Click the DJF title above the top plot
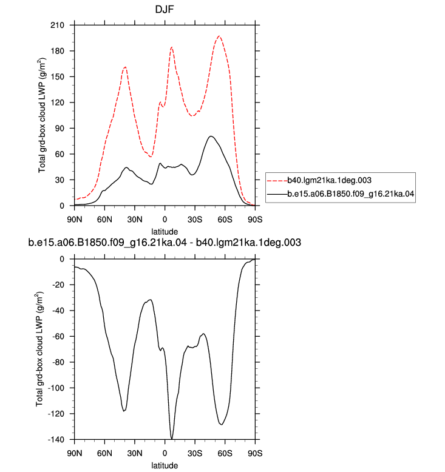tap(165, 9)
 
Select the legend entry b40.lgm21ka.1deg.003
tap(329, 180)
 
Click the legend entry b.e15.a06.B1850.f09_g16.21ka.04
tap(351, 194)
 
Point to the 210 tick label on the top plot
tap(57, 25)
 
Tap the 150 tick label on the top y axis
tap(57, 77)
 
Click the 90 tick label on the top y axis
tap(59, 128)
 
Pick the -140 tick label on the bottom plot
tap(56, 439)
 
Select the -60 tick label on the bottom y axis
tap(58, 336)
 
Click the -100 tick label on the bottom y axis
tap(56, 388)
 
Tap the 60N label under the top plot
tap(104, 220)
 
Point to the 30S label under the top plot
tap(195, 220)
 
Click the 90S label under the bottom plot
tap(255, 453)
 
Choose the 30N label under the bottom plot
tap(135, 453)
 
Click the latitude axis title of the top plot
tap(165, 232)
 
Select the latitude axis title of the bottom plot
tap(165, 465)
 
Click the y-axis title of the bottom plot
tap(40, 349)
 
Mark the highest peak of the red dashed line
tap(219, 36)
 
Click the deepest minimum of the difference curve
tap(171, 439)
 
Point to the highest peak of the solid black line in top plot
tap(211, 136)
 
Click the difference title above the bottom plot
tap(165, 243)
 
